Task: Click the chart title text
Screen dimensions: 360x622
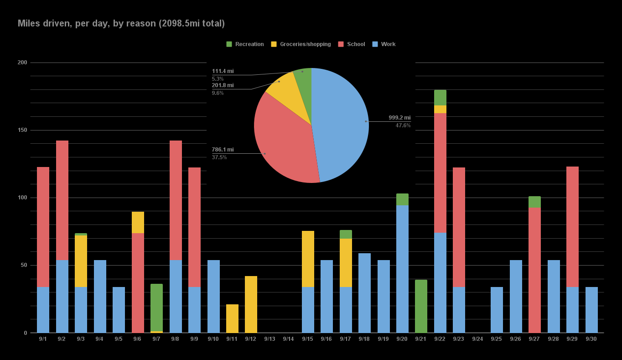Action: point(121,23)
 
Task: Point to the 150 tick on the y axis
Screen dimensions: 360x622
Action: point(22,130)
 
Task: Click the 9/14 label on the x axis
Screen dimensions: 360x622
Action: point(288,339)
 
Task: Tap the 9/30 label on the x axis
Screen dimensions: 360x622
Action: point(591,339)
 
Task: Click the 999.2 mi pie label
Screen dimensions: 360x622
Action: point(399,118)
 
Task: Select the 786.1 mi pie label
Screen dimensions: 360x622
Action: point(223,150)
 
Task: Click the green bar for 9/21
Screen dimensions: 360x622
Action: point(421,306)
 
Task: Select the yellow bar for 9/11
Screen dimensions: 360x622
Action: point(232,318)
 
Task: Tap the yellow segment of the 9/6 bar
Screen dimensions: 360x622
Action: point(138,223)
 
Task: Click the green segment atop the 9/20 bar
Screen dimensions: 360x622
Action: point(402,199)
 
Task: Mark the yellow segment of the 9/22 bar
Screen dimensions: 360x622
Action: point(440,110)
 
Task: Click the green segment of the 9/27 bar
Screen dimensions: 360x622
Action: point(534,202)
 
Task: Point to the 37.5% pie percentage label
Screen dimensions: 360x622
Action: point(219,157)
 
